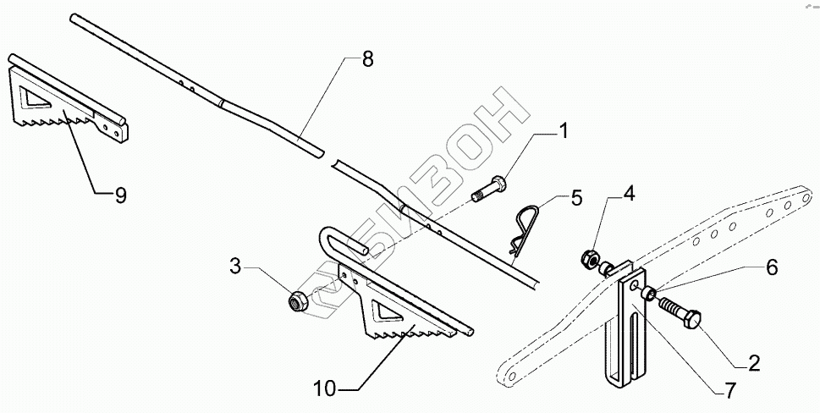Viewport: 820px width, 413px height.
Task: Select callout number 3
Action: tap(237, 267)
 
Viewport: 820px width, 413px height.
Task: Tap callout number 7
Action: tap(729, 392)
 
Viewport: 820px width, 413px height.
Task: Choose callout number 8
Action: tap(366, 59)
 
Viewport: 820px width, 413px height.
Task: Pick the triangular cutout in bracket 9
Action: tap(37, 98)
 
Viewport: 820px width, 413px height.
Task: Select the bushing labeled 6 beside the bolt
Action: tap(649, 294)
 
